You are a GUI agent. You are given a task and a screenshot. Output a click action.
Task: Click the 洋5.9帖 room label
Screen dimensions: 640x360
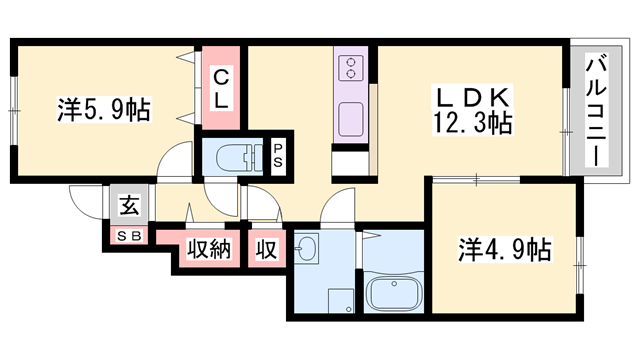pyautogui.click(x=104, y=109)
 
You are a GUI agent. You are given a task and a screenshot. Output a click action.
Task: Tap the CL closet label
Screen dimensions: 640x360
pyautogui.click(x=221, y=88)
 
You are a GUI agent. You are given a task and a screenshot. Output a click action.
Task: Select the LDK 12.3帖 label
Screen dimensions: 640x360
pyautogui.click(x=473, y=110)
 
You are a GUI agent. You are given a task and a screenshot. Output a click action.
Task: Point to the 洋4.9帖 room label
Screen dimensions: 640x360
pyautogui.click(x=505, y=249)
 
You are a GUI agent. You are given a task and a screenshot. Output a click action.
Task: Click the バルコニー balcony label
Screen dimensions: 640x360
pyautogui.click(x=596, y=110)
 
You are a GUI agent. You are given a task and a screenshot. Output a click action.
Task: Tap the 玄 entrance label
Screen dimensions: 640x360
pyautogui.click(x=129, y=205)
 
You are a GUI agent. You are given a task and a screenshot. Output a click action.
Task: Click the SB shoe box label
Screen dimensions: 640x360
pyautogui.click(x=129, y=236)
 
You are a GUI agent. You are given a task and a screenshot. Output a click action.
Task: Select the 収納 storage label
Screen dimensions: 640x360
pyautogui.click(x=209, y=248)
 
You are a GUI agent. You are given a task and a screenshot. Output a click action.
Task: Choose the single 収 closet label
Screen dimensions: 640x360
pyautogui.click(x=267, y=248)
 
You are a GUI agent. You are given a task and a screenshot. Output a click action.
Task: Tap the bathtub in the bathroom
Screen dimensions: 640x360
pyautogui.click(x=393, y=293)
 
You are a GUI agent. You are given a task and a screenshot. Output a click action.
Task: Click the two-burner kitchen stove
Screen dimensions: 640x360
pyautogui.click(x=351, y=68)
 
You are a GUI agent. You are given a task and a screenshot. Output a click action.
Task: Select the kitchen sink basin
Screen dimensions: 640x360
pyautogui.click(x=351, y=120)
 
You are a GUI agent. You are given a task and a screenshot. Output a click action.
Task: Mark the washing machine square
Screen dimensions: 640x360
pyautogui.click(x=341, y=301)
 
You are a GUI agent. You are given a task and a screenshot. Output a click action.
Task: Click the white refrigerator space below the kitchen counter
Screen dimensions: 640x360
pyautogui.click(x=350, y=164)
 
